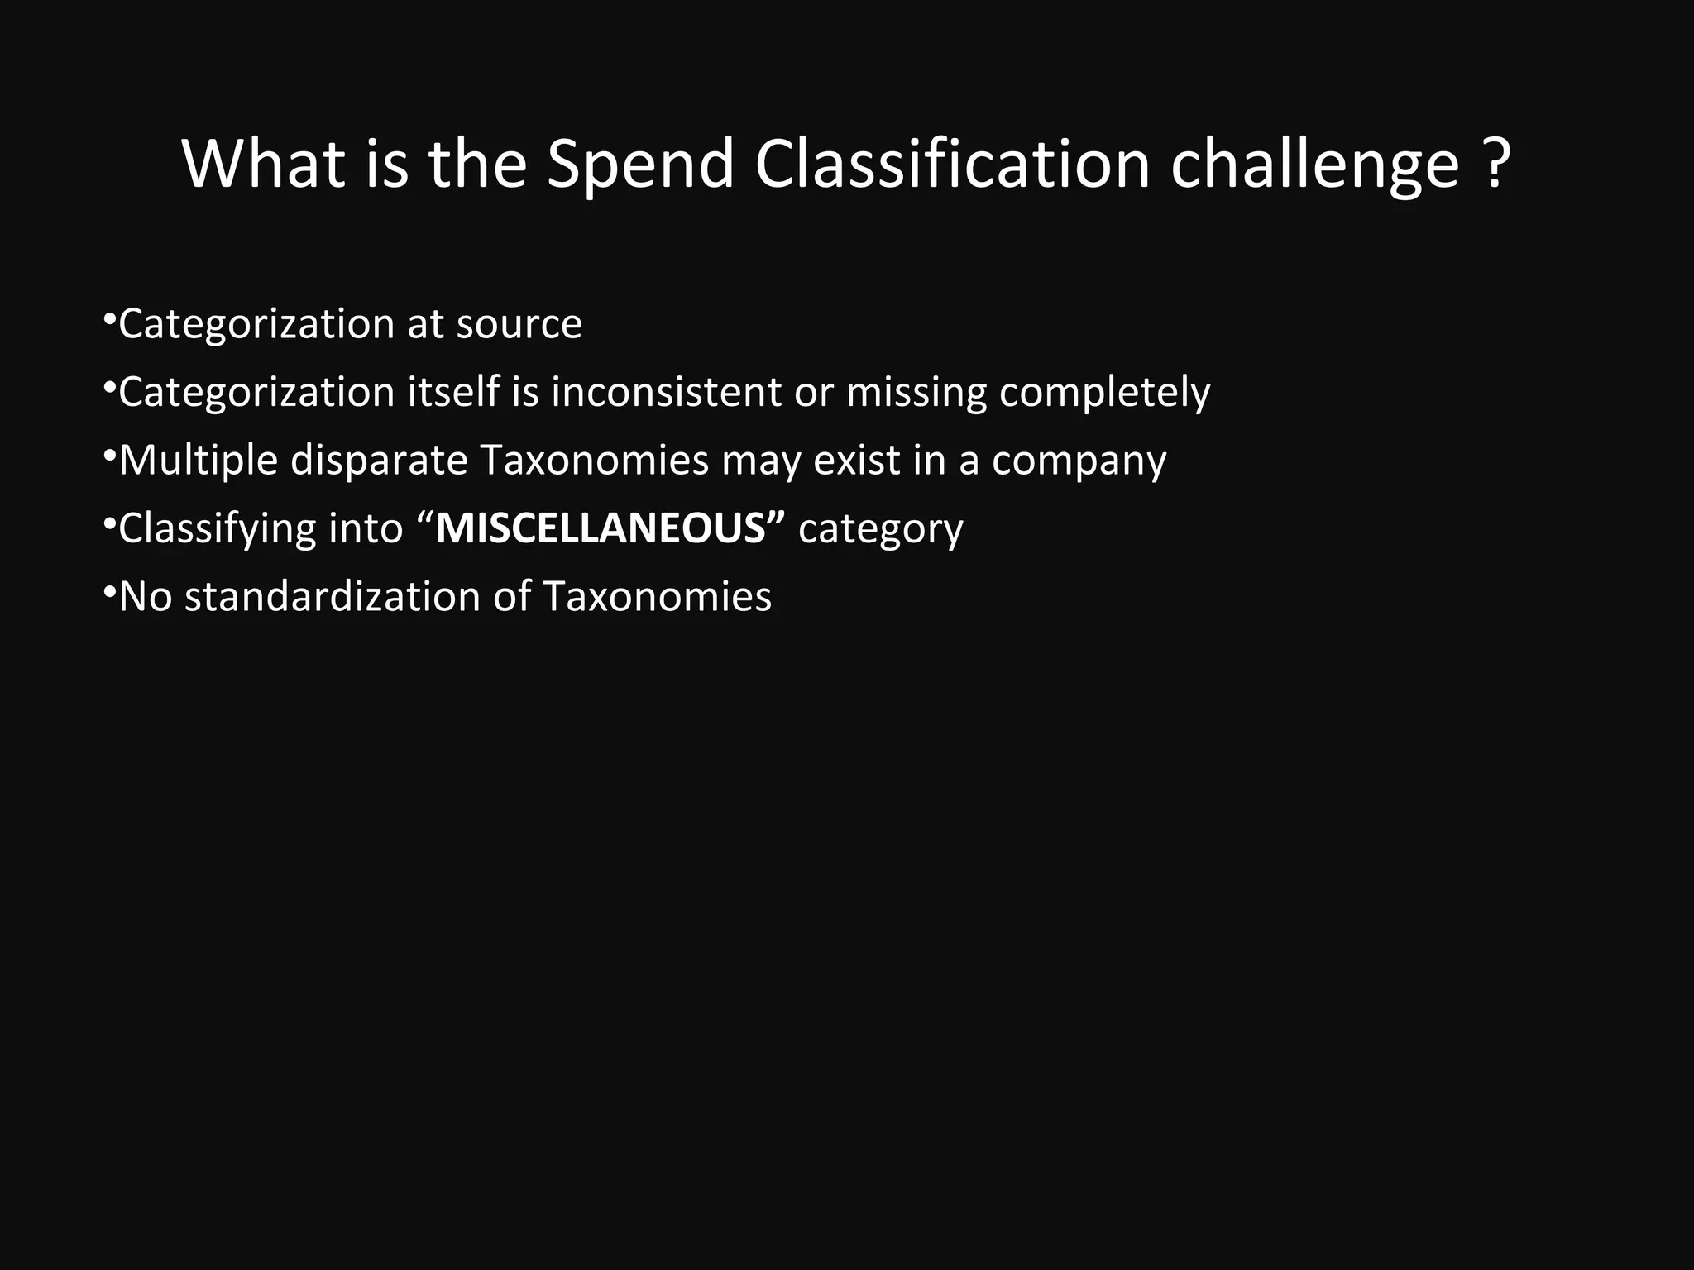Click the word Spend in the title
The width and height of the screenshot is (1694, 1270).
pyautogui.click(x=640, y=164)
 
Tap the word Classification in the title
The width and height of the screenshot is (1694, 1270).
pyautogui.click(x=952, y=164)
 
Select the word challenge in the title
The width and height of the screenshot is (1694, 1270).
pyautogui.click(x=1315, y=164)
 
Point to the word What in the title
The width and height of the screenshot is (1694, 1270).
pyautogui.click(x=263, y=164)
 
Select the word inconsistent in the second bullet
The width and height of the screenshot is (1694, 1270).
pyautogui.click(x=666, y=392)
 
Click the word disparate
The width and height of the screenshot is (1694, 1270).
pyautogui.click(x=379, y=461)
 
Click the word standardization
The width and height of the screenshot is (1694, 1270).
pyautogui.click(x=332, y=597)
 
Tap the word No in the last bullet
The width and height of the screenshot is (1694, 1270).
pyautogui.click(x=145, y=597)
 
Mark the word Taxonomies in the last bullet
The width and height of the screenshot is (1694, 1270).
pyautogui.click(x=657, y=597)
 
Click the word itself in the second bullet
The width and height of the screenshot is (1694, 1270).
pyautogui.click(x=453, y=392)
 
